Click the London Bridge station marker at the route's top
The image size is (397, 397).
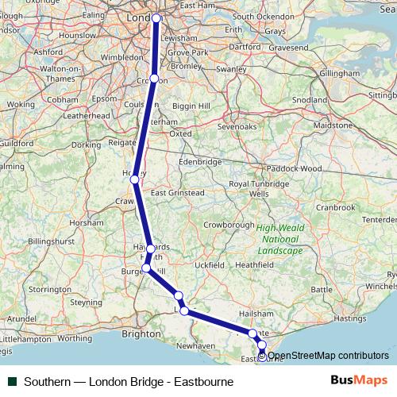click(x=156, y=18)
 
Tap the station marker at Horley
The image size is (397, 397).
click(x=135, y=180)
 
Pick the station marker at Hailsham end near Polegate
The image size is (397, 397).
click(x=252, y=333)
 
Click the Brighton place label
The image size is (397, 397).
click(x=141, y=334)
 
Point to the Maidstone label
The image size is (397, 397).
click(x=333, y=125)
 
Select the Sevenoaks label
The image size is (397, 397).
click(x=237, y=126)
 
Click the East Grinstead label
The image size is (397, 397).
click(x=178, y=192)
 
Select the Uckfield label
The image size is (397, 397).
click(x=211, y=264)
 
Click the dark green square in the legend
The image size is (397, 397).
click(x=13, y=381)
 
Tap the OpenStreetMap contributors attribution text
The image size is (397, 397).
click(x=327, y=356)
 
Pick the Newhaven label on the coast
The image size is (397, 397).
click(x=197, y=345)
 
